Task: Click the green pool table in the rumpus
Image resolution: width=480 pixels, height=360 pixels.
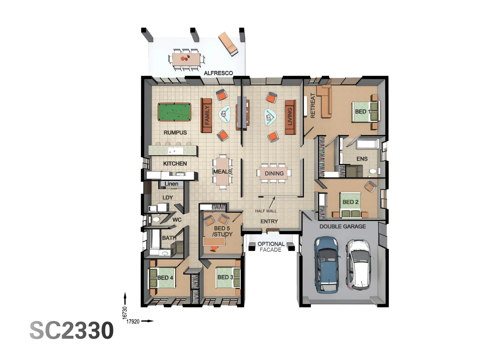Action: pyautogui.click(x=174, y=112)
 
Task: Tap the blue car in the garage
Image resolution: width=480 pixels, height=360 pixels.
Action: pyautogui.click(x=326, y=265)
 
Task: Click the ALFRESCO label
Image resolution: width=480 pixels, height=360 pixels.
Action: pyautogui.click(x=218, y=73)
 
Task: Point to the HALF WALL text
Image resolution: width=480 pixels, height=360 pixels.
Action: pyautogui.click(x=266, y=211)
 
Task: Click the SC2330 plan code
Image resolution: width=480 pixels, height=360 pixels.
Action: pyautogui.click(x=72, y=330)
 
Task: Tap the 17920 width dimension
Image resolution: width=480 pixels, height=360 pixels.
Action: pyautogui.click(x=133, y=322)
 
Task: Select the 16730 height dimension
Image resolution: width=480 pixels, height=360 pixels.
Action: pyautogui.click(x=125, y=313)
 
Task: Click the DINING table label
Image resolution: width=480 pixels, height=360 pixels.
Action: pyautogui.click(x=274, y=173)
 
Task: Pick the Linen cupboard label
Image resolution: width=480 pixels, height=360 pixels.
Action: pyautogui.click(x=171, y=184)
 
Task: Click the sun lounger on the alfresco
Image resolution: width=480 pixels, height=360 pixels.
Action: pyautogui.click(x=228, y=43)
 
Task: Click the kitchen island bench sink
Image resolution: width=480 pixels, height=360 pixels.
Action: pyautogui.click(x=175, y=151)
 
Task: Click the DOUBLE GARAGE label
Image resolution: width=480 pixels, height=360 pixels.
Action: pyautogui.click(x=343, y=226)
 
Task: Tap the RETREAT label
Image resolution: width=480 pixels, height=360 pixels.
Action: pyautogui.click(x=313, y=106)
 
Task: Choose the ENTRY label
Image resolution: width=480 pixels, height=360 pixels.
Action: pyautogui.click(x=269, y=221)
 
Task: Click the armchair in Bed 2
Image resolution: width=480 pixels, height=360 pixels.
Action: pyautogui.click(x=370, y=187)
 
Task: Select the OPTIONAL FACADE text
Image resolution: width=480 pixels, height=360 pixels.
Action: pyautogui.click(x=271, y=247)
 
